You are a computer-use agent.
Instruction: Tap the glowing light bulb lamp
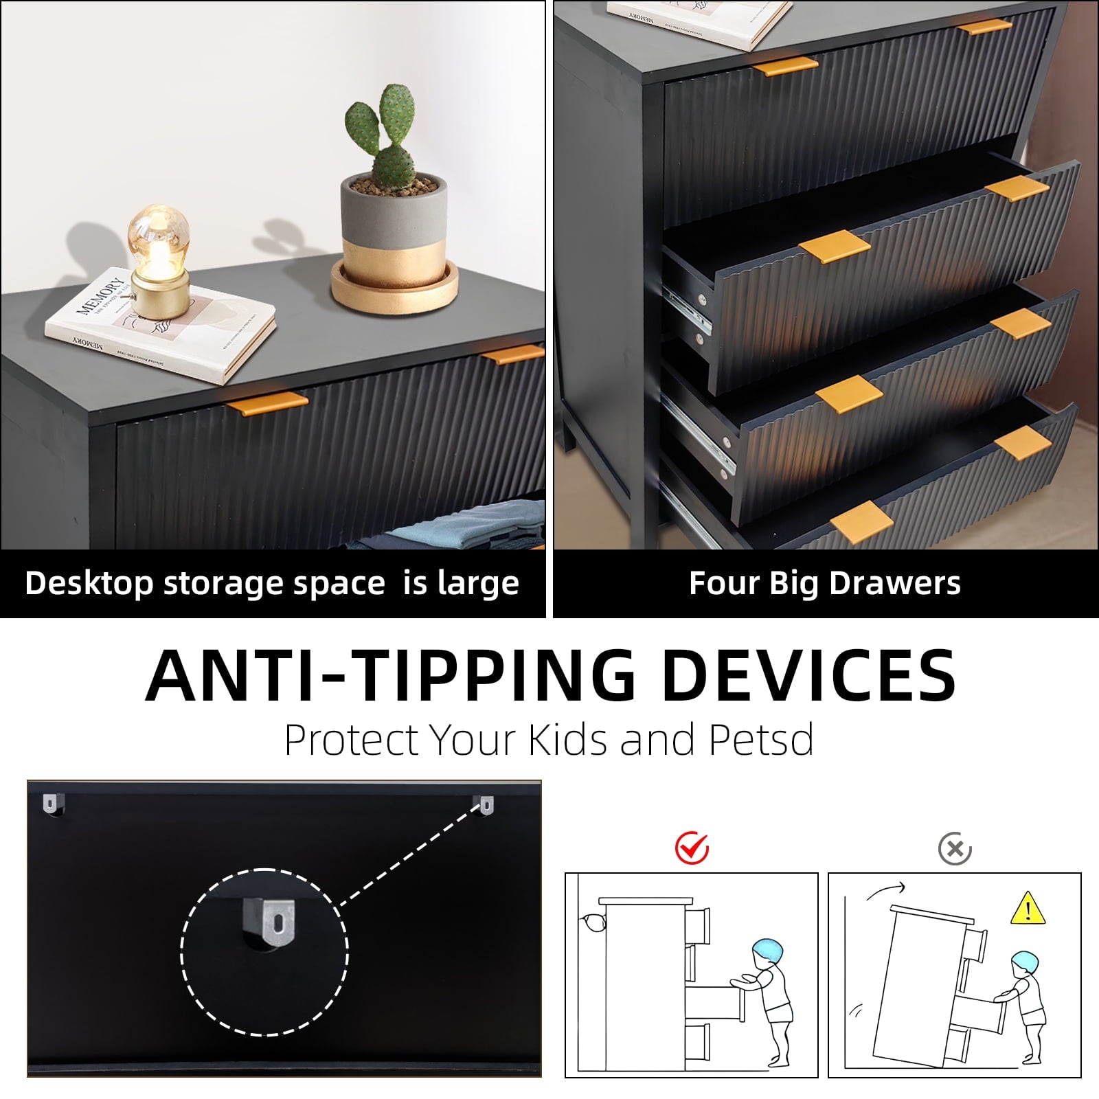point(159,262)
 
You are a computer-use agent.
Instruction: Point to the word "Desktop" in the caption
point(89,584)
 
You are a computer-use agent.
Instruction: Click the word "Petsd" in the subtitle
point(761,740)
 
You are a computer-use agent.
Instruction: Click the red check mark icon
point(692,848)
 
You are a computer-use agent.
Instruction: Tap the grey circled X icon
point(955,850)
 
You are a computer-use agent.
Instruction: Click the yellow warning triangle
point(1028,909)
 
